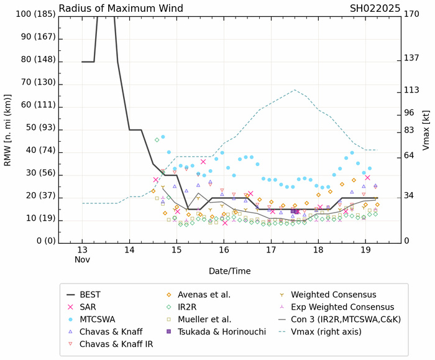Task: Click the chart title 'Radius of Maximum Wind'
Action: pyautogui.click(x=121, y=9)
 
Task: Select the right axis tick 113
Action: pyautogui.click(x=412, y=90)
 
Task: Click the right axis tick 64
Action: pyautogui.click(x=410, y=155)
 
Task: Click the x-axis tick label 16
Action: pyautogui.click(x=224, y=250)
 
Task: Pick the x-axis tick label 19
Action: pyautogui.click(x=365, y=250)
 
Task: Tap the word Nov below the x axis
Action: pyautogui.click(x=83, y=260)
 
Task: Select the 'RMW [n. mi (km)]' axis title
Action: pyautogui.click(x=8, y=127)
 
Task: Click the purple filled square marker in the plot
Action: pyautogui.click(x=294, y=211)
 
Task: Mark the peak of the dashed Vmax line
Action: pyautogui.click(x=295, y=90)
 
